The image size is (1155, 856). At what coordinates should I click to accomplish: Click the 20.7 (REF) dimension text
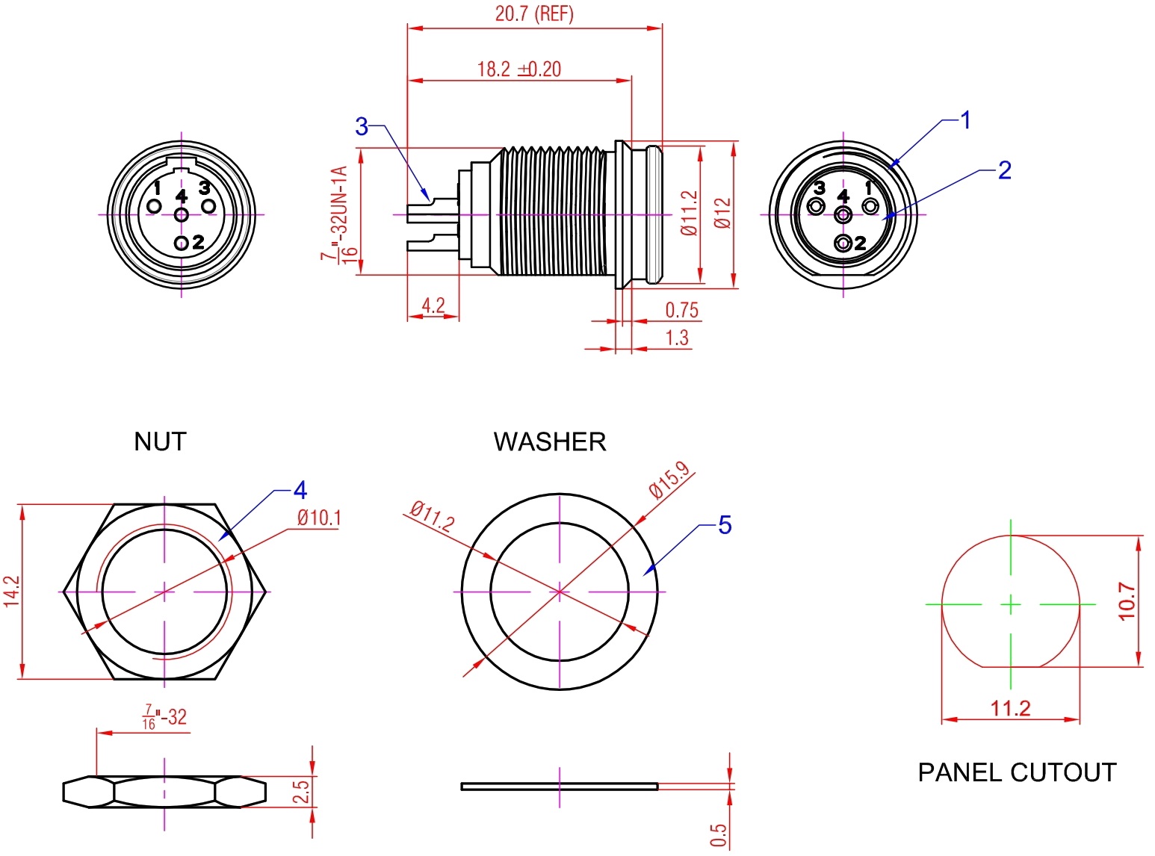click(533, 13)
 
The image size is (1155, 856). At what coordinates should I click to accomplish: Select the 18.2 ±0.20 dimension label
click(519, 69)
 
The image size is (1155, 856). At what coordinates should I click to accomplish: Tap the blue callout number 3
click(362, 126)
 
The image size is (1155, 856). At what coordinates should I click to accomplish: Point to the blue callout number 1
click(965, 120)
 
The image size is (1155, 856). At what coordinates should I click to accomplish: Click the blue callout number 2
click(1005, 170)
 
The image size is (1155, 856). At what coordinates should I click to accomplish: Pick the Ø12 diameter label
click(722, 214)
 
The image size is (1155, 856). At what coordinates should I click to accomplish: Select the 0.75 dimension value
click(681, 310)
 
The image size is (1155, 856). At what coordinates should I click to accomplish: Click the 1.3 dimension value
click(677, 338)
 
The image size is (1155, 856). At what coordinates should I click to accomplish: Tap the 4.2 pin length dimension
click(433, 305)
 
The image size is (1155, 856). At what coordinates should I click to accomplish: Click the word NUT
click(160, 442)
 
